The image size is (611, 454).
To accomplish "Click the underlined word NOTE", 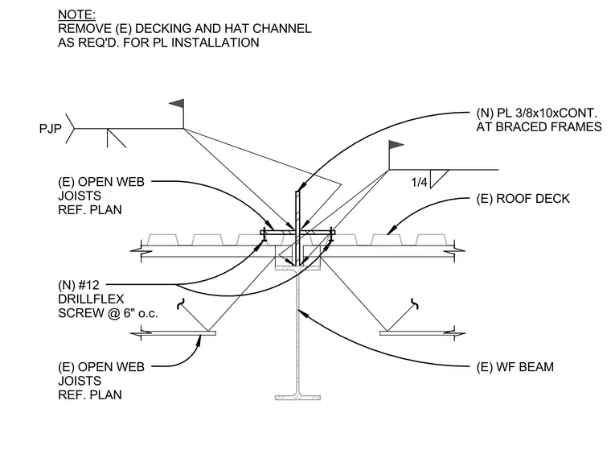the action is (76, 14).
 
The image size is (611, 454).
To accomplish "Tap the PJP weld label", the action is (51, 128).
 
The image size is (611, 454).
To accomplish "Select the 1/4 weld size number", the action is (420, 182).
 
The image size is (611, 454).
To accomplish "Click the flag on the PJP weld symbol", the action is (177, 104).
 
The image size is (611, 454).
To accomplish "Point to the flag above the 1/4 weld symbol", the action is (396, 145).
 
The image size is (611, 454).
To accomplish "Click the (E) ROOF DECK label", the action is (523, 199).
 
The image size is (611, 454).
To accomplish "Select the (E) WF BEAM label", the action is (515, 367).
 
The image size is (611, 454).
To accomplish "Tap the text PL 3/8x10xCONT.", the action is (547, 113).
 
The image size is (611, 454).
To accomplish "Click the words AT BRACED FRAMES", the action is (539, 126).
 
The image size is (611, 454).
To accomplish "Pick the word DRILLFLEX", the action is (91, 299).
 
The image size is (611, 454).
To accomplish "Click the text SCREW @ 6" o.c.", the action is (108, 313).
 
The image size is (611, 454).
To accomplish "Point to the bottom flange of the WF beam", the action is (297, 398).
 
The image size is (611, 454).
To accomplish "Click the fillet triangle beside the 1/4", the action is (440, 179).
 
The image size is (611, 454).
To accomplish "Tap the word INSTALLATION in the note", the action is (215, 43).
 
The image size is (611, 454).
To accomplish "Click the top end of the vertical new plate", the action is (297, 191).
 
